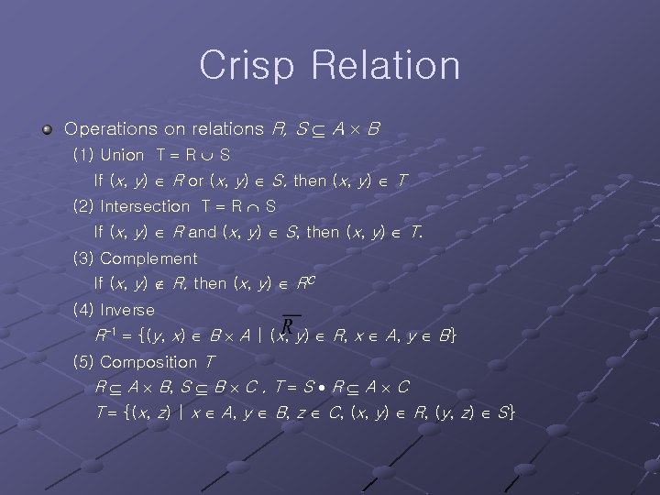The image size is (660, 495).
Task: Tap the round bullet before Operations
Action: coord(47,130)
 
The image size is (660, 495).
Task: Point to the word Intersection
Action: coord(144,206)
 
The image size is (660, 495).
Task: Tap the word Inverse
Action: coord(127,310)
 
